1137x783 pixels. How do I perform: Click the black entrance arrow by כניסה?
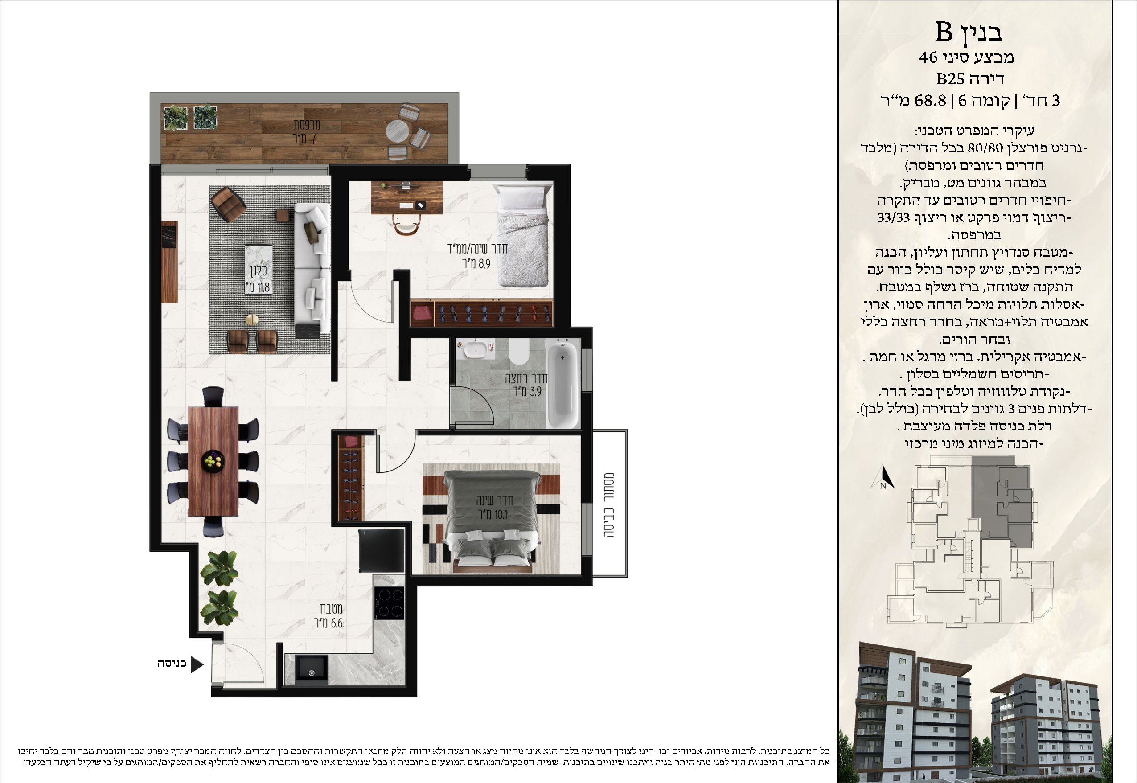pyautogui.click(x=196, y=665)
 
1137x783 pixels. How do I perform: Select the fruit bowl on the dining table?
pyautogui.click(x=213, y=461)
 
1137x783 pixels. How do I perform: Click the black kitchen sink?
pyautogui.click(x=312, y=668)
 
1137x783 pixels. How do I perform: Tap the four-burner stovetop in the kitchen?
pyautogui.click(x=390, y=603)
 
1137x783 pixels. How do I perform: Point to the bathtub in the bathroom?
pyautogui.click(x=563, y=385)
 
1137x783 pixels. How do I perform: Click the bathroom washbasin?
pyautogui.click(x=475, y=350)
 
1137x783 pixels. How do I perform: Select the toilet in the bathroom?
pyautogui.click(x=519, y=351)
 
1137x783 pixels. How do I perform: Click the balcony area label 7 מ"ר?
pyautogui.click(x=306, y=139)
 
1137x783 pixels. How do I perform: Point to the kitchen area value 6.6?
pyautogui.click(x=337, y=623)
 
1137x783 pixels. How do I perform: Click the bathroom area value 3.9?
pyautogui.click(x=535, y=391)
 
